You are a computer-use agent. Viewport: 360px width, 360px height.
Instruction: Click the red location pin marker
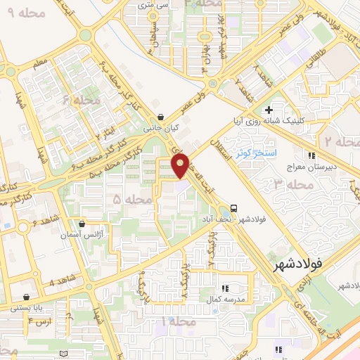click(181, 165)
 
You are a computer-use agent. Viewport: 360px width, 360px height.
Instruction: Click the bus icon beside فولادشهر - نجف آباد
click(233, 208)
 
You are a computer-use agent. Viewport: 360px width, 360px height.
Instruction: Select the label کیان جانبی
click(163, 129)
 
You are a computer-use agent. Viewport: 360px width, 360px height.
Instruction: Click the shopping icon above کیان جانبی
click(162, 117)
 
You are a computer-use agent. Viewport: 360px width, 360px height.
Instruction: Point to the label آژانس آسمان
click(82, 236)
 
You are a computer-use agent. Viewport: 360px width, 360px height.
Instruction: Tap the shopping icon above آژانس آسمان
click(82, 224)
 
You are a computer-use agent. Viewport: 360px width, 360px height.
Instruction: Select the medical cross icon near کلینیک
click(269, 110)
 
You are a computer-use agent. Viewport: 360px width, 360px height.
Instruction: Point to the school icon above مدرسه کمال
click(225, 288)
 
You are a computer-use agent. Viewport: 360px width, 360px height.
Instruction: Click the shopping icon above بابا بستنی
click(27, 297)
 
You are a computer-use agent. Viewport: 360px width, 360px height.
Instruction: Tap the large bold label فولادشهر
click(295, 265)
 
